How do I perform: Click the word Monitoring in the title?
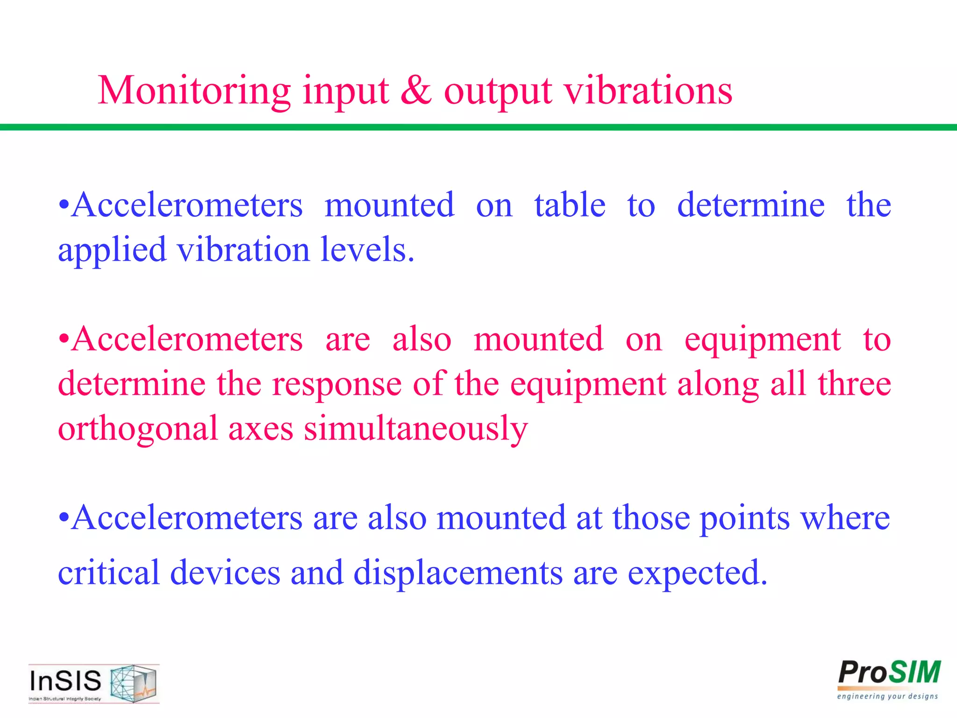[194, 91]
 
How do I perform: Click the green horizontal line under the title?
[478, 127]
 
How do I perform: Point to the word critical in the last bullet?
[108, 572]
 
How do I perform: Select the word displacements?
[458, 573]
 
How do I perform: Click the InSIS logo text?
[65, 681]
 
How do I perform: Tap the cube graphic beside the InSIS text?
[133, 683]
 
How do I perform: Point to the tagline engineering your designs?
[887, 696]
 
